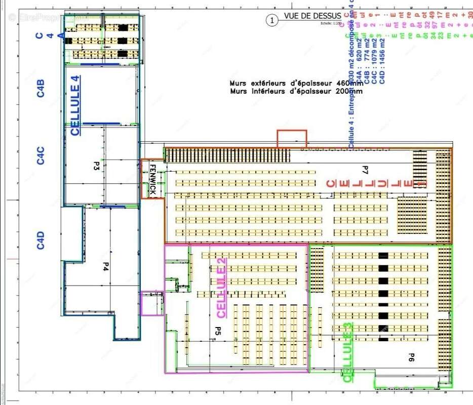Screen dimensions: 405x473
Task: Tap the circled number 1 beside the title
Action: (272, 20)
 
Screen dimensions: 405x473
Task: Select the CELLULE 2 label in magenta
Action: (221, 288)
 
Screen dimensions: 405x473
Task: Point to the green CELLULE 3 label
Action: (348, 352)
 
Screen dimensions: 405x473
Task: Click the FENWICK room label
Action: (152, 179)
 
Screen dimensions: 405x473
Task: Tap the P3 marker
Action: (96, 166)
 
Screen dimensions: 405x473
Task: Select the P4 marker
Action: (106, 266)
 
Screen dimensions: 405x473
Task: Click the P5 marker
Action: (217, 332)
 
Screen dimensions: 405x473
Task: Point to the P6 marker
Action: (412, 357)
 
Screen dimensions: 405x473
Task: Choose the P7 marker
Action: (365, 169)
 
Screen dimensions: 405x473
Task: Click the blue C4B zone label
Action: (41, 88)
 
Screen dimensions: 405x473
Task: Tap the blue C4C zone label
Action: (41, 155)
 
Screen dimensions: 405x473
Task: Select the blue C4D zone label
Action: (41, 240)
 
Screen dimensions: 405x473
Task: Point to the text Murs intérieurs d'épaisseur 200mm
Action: (296, 92)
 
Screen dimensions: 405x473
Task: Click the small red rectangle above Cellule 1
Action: (292, 139)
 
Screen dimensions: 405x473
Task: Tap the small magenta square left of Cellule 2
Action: (151, 304)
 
